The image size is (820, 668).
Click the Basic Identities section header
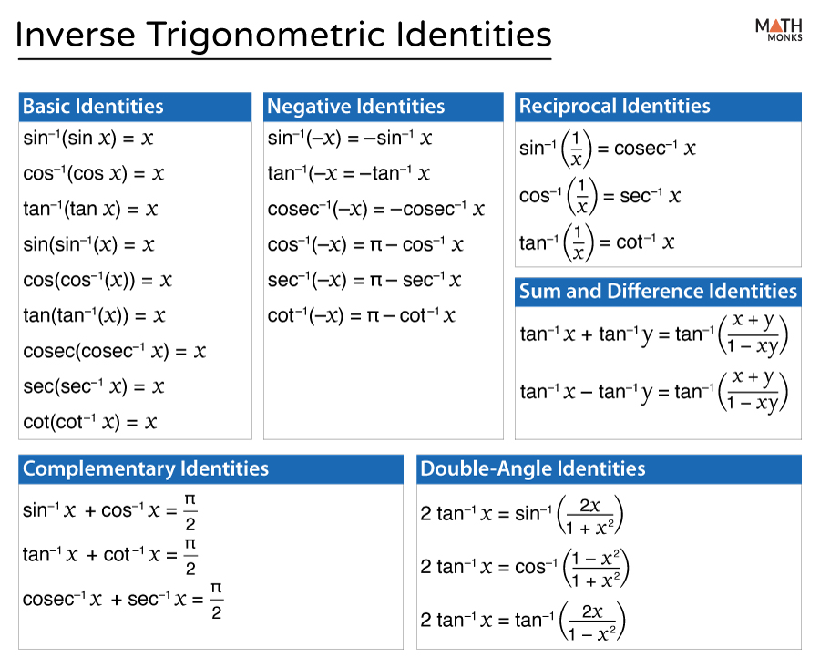(x=93, y=107)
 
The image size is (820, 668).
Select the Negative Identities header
(x=355, y=107)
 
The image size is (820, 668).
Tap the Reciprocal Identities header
(x=614, y=106)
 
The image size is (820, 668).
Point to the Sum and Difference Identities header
(x=658, y=292)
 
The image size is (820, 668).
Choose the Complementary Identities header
(x=146, y=469)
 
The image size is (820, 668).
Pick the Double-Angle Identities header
(x=532, y=469)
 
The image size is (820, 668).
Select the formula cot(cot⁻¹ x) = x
(x=90, y=422)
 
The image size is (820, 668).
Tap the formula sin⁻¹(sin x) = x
(x=87, y=139)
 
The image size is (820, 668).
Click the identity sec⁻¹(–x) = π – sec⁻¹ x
(x=365, y=281)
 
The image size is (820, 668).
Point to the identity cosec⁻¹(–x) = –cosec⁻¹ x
(x=376, y=210)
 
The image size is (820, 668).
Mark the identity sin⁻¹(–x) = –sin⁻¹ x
(x=350, y=139)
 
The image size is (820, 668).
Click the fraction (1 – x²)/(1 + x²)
(x=596, y=568)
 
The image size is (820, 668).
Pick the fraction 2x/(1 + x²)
(x=590, y=515)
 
